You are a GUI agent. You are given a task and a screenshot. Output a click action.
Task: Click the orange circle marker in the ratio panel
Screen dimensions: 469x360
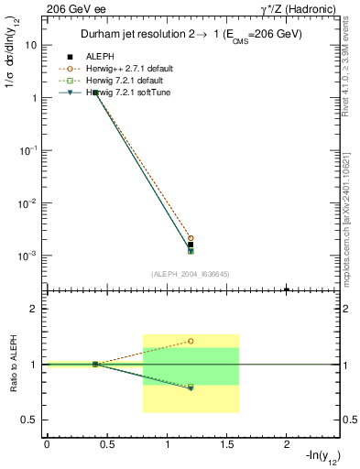tap(191, 341)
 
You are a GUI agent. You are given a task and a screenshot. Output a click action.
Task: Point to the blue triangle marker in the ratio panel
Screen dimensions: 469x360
tap(191, 388)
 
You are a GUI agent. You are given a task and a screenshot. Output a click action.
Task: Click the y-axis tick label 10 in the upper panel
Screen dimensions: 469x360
tap(31, 44)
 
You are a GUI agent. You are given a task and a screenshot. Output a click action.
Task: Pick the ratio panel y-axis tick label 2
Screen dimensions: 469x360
tap(33, 310)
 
